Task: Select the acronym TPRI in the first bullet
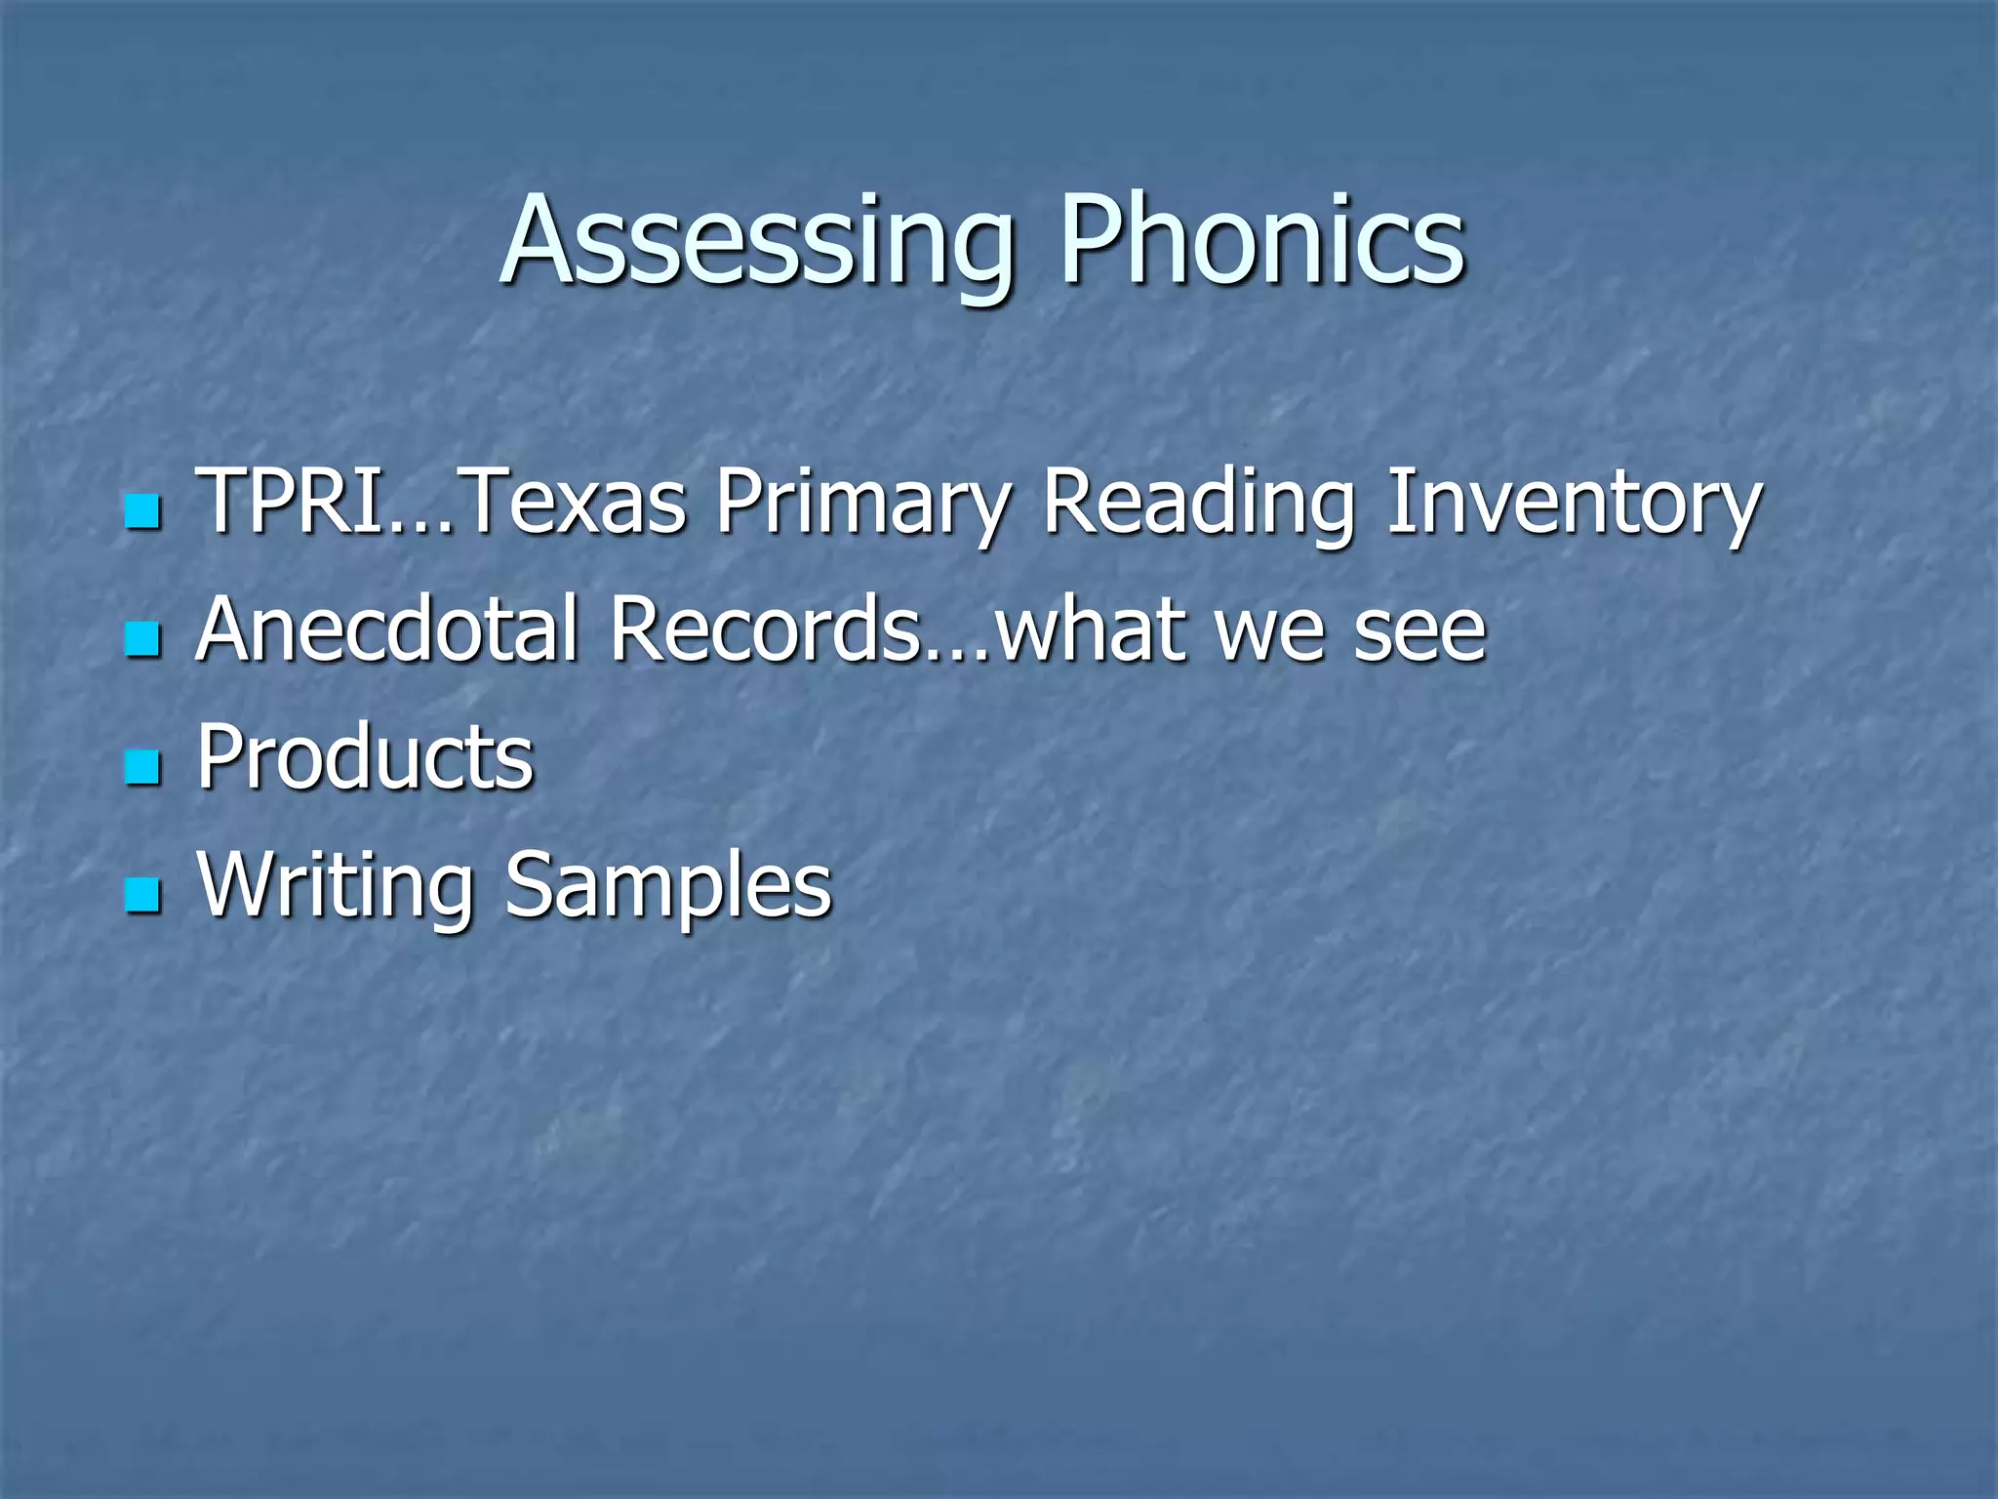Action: coord(290,502)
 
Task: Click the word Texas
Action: coord(571,502)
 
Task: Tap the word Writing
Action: coord(335,886)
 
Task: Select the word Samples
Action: coord(668,886)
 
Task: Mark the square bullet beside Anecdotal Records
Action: coord(142,639)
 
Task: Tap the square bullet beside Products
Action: coord(142,767)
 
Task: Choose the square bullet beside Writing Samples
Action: coord(142,895)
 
